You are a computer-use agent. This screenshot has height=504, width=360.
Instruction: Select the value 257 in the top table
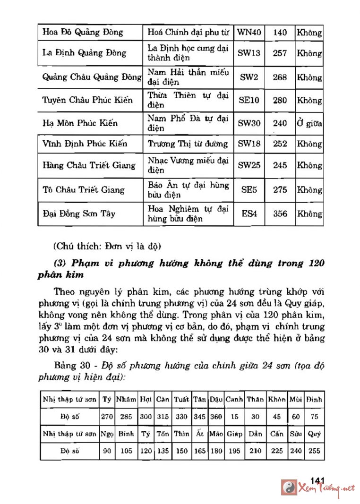click(280, 53)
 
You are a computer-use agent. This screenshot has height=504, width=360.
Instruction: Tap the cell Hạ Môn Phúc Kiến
click(80, 123)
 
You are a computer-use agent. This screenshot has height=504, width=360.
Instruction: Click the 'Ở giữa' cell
click(309, 123)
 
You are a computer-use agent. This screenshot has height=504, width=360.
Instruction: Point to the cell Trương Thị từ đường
click(188, 144)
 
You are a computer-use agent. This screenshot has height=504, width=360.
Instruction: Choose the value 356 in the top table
click(280, 214)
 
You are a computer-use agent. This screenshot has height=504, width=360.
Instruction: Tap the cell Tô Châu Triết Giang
click(83, 190)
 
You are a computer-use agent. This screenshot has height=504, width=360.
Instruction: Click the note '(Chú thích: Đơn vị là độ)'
click(108, 246)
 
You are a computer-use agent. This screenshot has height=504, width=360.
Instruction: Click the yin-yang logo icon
click(289, 487)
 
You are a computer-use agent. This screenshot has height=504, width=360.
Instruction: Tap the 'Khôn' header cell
click(277, 399)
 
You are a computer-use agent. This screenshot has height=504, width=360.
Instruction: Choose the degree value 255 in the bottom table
click(314, 451)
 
